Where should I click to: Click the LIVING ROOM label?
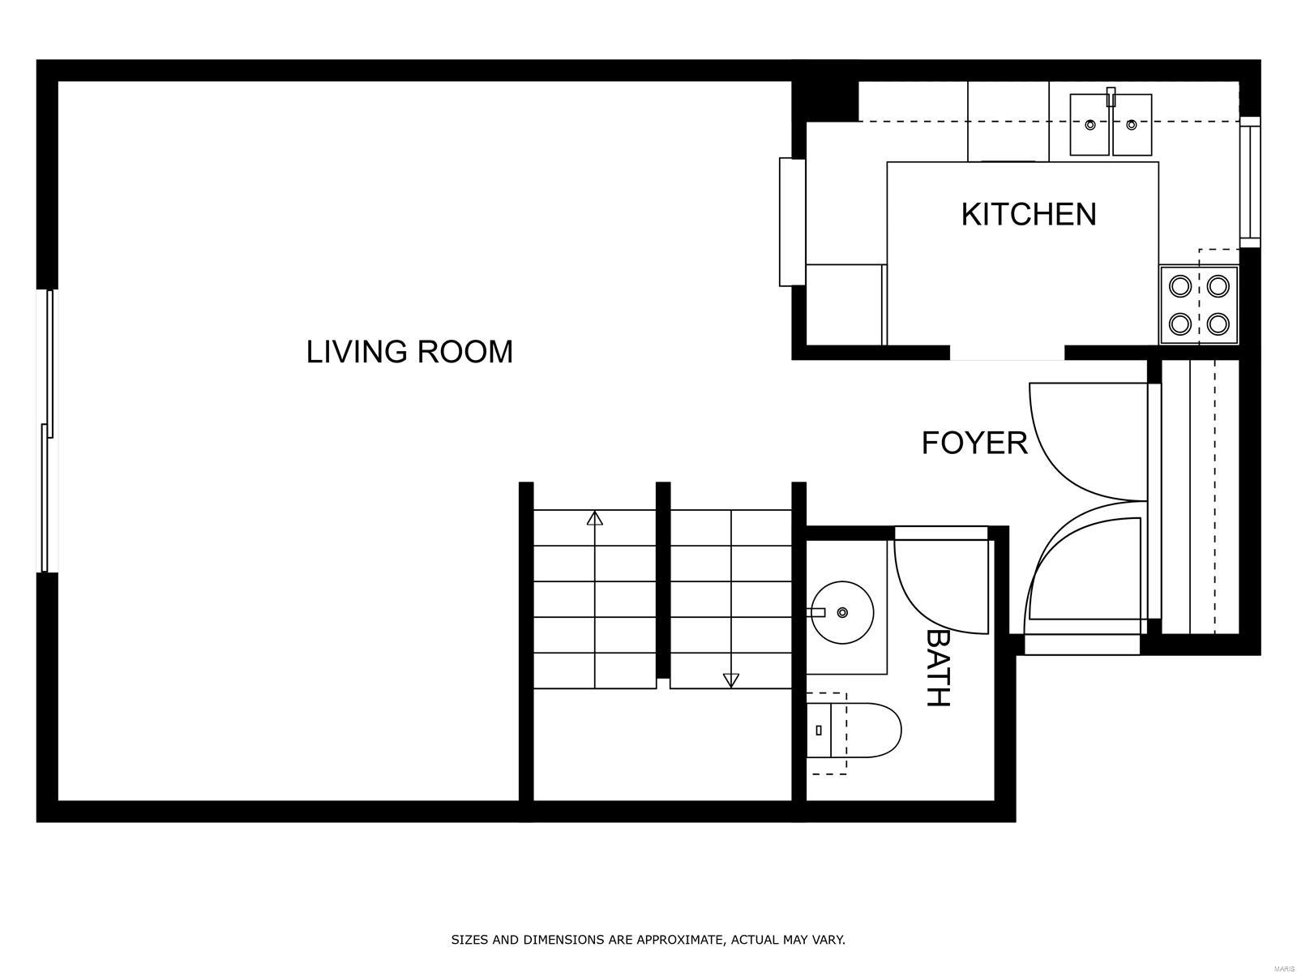(x=409, y=352)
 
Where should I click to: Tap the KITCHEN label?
(x=1028, y=214)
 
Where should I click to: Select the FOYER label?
(x=974, y=443)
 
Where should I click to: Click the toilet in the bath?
(x=854, y=731)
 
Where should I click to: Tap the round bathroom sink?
(x=842, y=613)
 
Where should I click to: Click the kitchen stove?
(x=1199, y=305)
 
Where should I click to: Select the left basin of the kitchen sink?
(x=1090, y=125)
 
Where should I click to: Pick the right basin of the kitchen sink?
(x=1132, y=125)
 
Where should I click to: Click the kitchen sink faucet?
(x=1111, y=96)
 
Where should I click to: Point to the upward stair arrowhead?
(x=594, y=518)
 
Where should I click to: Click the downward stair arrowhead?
(x=731, y=680)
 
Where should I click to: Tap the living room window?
(x=48, y=431)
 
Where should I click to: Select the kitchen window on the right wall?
(x=1249, y=182)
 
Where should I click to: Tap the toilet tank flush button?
(x=819, y=731)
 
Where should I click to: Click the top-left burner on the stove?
(x=1180, y=286)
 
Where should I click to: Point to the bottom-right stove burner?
(x=1218, y=324)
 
